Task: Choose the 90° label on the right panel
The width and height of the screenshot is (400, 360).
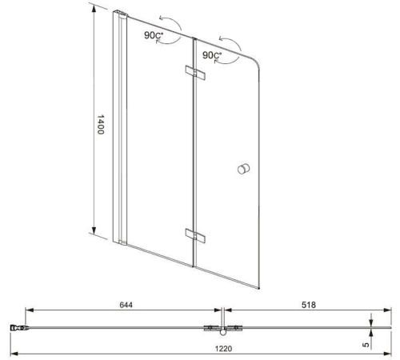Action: click(213, 56)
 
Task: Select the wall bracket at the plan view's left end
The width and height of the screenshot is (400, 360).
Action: click(17, 327)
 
